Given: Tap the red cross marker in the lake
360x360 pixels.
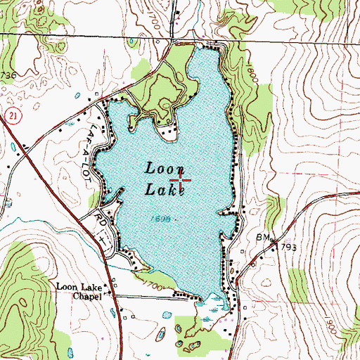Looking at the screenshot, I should click(x=181, y=181).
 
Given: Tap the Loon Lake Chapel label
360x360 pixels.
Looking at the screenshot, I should click(x=83, y=292).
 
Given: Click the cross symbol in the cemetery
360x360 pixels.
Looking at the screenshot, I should click(x=102, y=240).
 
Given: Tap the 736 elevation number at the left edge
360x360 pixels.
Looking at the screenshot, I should click(x=7, y=75).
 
